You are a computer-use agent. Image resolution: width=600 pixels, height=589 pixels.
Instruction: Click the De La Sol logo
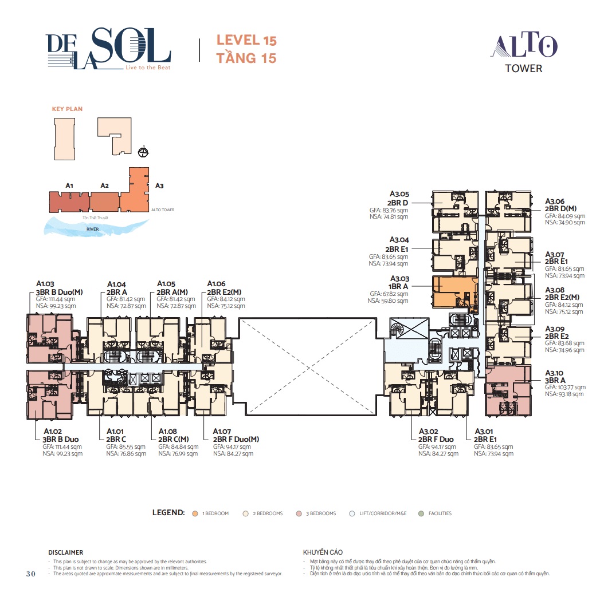(108, 48)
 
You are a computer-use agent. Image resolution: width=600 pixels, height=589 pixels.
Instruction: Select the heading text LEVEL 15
(246, 41)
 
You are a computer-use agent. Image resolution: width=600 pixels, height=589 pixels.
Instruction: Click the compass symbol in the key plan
(144, 152)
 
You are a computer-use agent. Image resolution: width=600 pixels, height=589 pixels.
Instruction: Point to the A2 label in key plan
(104, 185)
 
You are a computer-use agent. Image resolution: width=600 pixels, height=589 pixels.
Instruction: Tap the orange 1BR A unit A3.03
(453, 292)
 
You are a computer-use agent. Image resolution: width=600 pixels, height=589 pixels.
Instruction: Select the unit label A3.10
(555, 372)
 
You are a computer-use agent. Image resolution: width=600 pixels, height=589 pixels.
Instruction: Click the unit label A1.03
(45, 283)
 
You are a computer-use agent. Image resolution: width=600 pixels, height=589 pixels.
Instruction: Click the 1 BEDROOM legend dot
(195, 513)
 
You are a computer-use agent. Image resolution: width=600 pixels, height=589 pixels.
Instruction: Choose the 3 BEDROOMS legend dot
(300, 513)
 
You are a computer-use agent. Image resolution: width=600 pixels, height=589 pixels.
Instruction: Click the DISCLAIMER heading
(66, 552)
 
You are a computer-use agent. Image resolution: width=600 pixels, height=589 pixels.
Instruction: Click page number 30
(32, 574)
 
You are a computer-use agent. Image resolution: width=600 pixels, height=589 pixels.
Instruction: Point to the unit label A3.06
(555, 201)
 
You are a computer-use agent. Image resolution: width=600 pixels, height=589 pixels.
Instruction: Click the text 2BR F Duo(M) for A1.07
(236, 439)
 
